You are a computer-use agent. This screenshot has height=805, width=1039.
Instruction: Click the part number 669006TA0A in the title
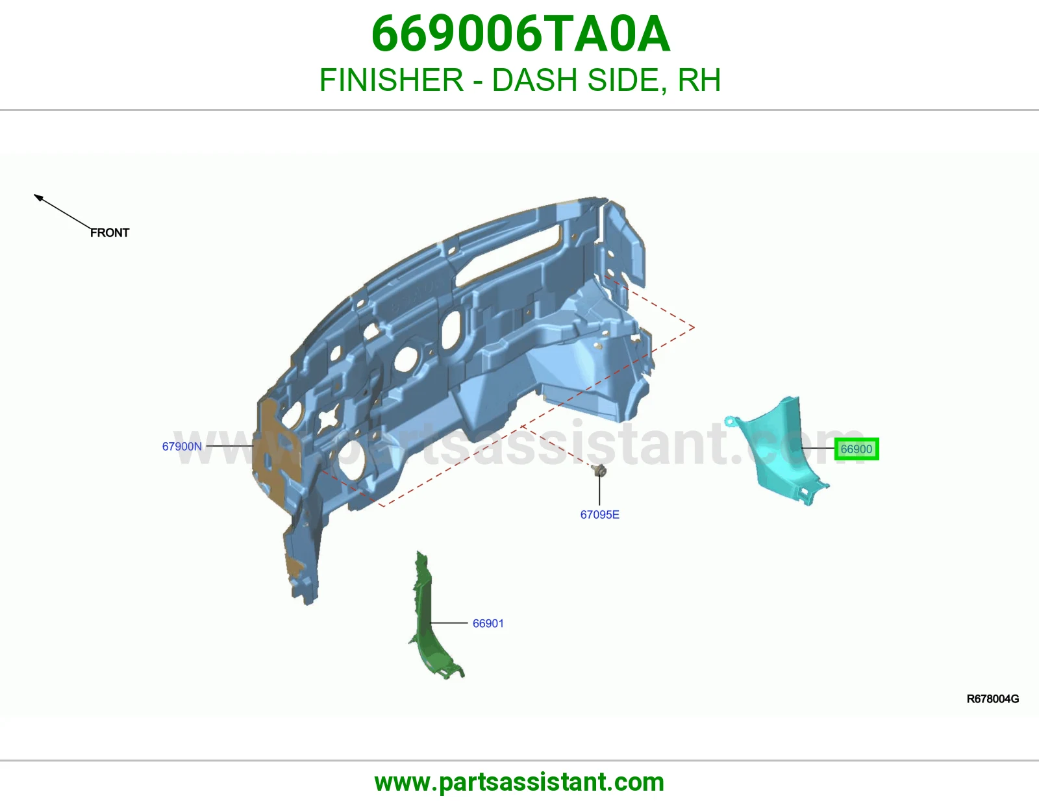[x=521, y=34]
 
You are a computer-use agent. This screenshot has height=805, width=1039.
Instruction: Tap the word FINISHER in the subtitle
[x=391, y=80]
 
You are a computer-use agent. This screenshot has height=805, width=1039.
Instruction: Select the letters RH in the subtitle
[x=699, y=80]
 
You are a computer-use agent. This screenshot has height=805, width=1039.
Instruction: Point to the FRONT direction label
[x=110, y=233]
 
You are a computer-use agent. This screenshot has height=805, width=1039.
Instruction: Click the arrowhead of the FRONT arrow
[x=38, y=197]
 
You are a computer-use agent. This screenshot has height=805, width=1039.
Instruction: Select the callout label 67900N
[x=182, y=446]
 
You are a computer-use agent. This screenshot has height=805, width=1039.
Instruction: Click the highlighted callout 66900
[x=857, y=449]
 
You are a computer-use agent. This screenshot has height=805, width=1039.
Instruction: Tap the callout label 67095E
[x=599, y=514]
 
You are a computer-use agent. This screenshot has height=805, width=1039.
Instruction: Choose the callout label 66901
[x=488, y=623]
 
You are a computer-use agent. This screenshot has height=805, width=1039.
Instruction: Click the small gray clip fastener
[x=599, y=470]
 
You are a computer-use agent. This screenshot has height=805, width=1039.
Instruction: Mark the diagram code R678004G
[x=993, y=699]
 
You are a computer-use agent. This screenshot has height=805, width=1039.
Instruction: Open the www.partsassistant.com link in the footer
[x=519, y=782]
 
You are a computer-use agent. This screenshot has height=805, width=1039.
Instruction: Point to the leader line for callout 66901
[x=449, y=623]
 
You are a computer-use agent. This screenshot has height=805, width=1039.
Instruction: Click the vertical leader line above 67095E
[x=599, y=490]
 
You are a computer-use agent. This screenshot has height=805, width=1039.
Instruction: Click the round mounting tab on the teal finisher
[x=730, y=421]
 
